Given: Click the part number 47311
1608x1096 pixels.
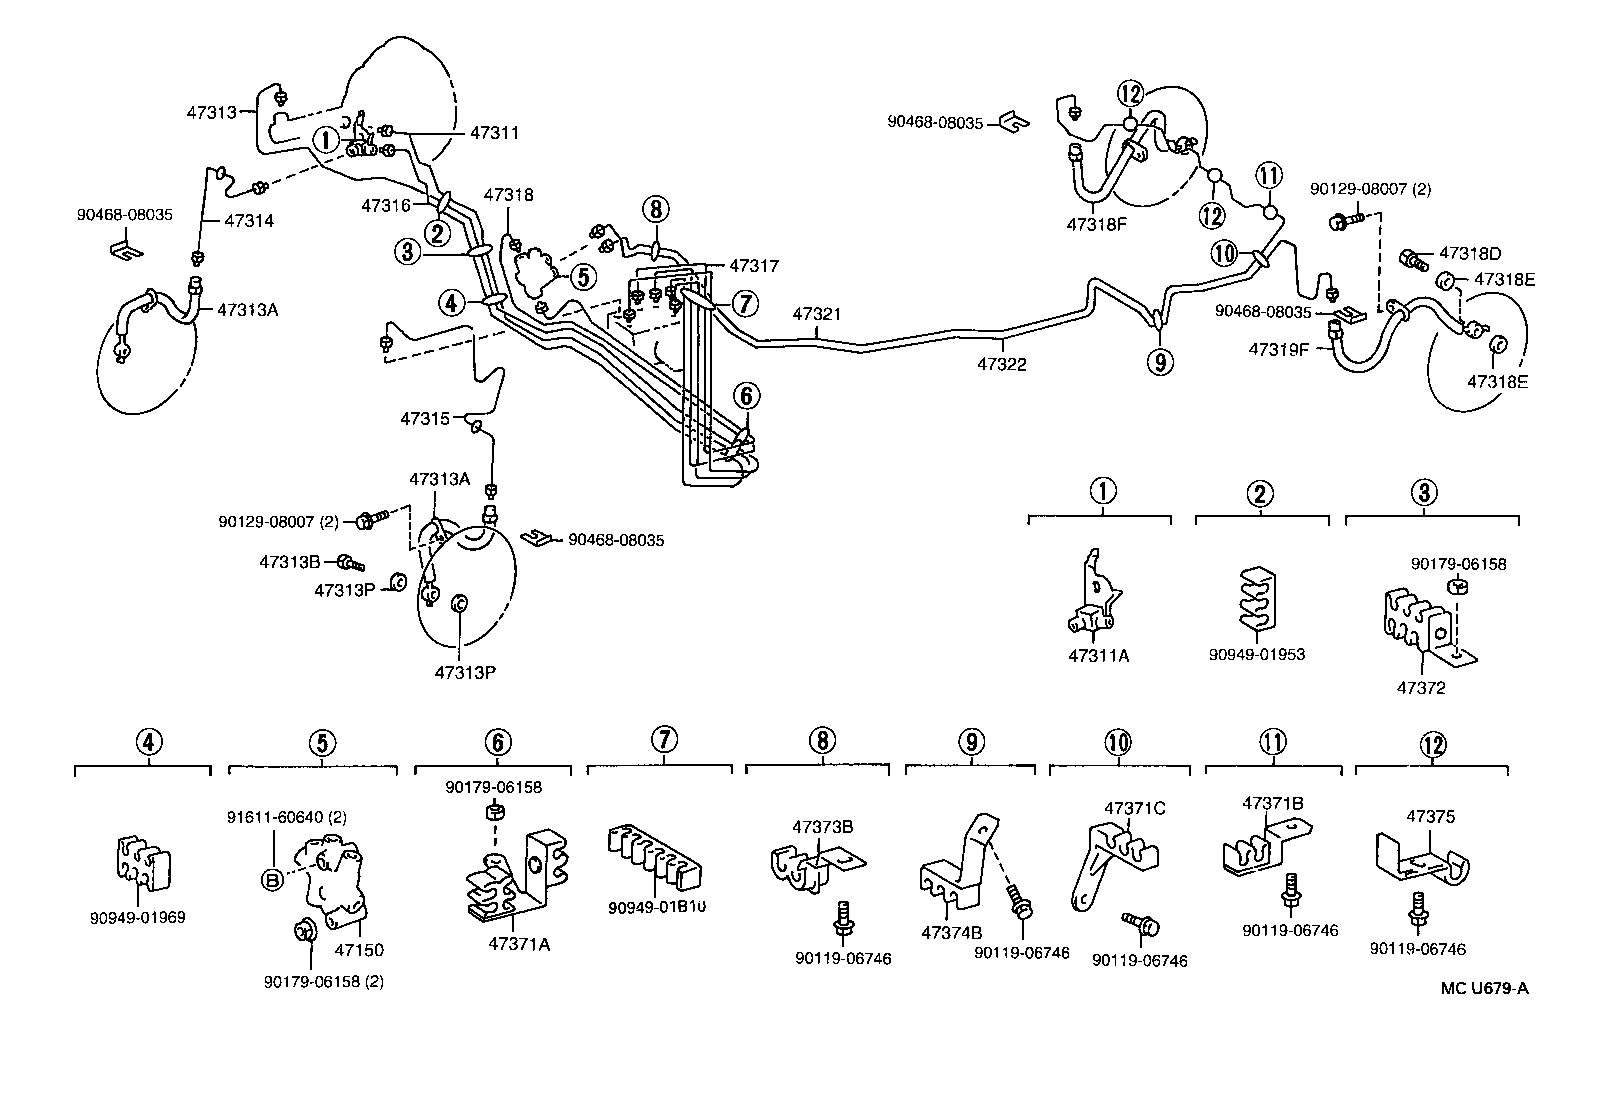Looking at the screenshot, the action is (495, 133).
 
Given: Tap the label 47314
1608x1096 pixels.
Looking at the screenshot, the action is (249, 220).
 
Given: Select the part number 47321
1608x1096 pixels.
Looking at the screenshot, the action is (816, 314).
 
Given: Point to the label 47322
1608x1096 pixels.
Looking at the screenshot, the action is (1001, 364).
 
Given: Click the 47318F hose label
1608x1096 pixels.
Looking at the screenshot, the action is (1096, 224).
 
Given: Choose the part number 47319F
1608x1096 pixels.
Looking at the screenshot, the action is (1279, 350).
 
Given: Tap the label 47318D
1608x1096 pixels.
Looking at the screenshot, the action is (1469, 253).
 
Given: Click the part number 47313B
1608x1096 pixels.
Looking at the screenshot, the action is (290, 562).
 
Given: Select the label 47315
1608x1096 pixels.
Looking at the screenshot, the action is (425, 418).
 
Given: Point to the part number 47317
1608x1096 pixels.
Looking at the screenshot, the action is (754, 266).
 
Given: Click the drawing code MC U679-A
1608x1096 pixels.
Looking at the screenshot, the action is (1485, 988).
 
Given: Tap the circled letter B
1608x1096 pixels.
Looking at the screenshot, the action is (272, 879).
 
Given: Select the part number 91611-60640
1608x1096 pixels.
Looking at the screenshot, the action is (276, 817).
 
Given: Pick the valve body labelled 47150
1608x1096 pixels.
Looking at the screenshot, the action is (331, 881).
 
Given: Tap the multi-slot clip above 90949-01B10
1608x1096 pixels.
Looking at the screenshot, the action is (654, 858).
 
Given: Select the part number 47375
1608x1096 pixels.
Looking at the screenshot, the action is (1431, 816).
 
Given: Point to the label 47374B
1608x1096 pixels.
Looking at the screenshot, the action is (951, 932).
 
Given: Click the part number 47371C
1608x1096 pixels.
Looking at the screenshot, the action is (1134, 808).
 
